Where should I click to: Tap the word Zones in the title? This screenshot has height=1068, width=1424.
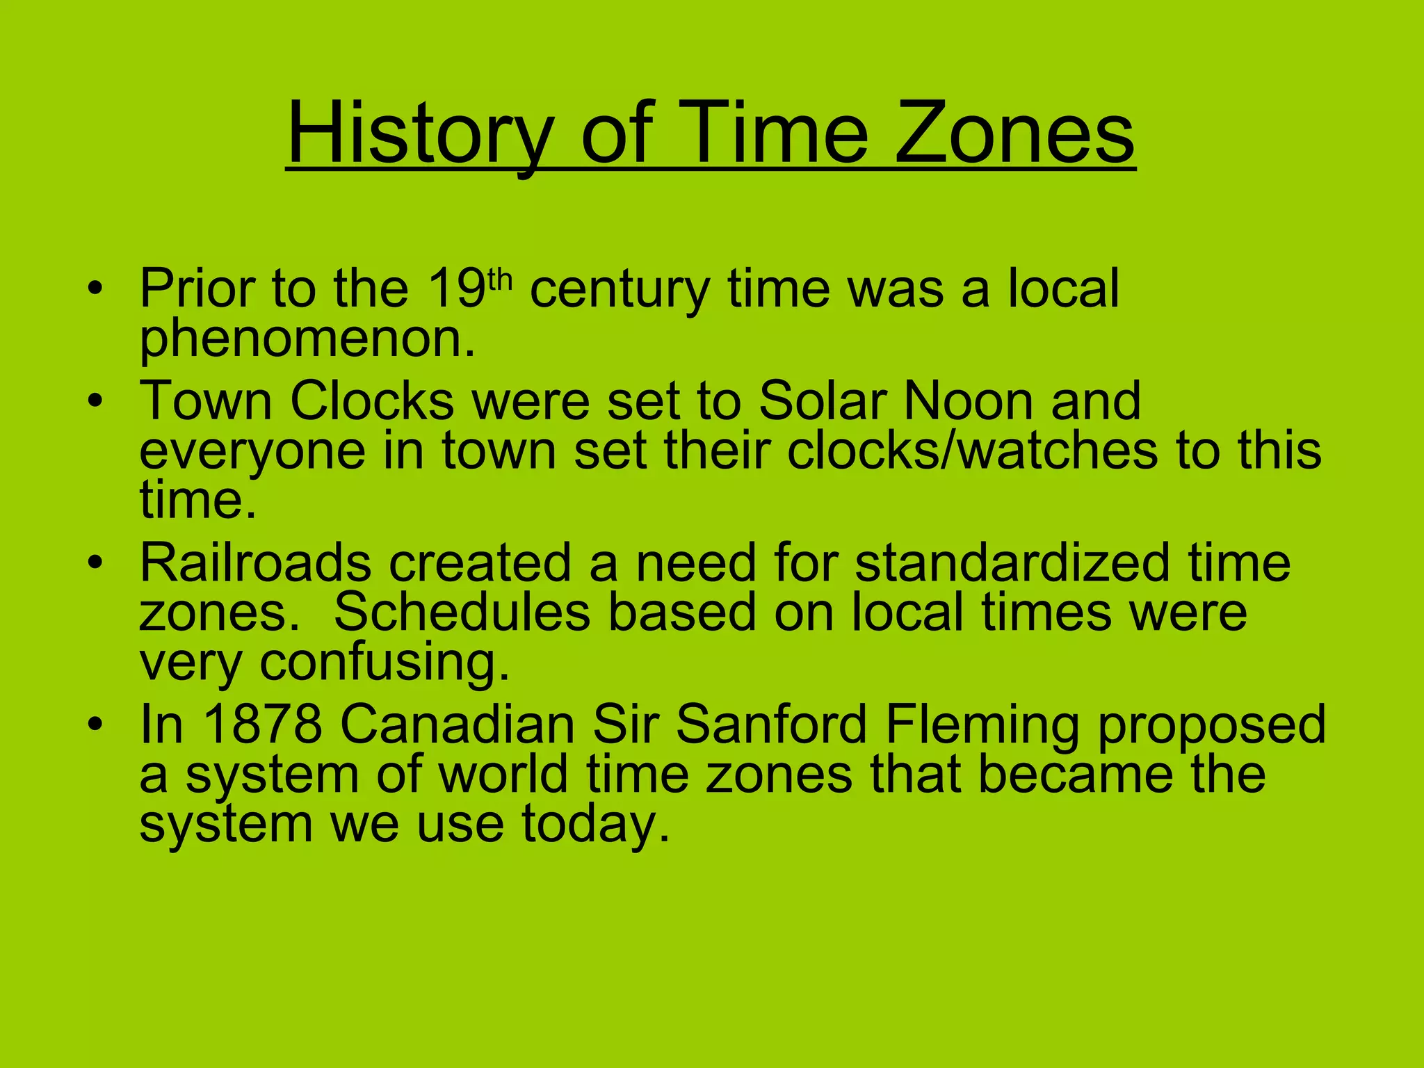pyautogui.click(x=1014, y=133)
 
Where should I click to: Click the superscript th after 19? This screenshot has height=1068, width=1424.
pyautogui.click(x=500, y=280)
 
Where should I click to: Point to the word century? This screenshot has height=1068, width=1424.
pyautogui.click(x=620, y=290)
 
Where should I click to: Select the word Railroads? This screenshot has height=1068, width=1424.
pyautogui.click(x=255, y=563)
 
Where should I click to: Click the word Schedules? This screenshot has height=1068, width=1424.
pyautogui.click(x=462, y=613)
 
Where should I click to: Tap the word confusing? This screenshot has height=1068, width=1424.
pyautogui.click(x=385, y=663)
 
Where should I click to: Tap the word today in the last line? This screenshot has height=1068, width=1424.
pyautogui.click(x=596, y=826)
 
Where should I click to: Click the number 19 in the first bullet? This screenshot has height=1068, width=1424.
pyautogui.click(x=455, y=290)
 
